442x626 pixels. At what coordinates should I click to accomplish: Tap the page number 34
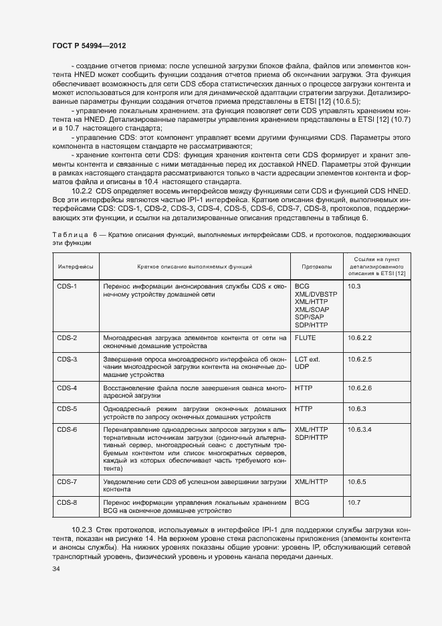point(56,570)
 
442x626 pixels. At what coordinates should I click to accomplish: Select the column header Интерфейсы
point(76,266)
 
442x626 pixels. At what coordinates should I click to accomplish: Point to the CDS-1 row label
point(67,287)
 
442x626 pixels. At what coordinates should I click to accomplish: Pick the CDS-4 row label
point(67,388)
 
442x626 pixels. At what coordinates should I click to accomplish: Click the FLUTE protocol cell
point(305,338)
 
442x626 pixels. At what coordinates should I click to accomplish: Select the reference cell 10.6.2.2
point(359,338)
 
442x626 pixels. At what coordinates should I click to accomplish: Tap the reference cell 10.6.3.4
point(359,429)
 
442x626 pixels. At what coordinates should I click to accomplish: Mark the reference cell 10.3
point(354,287)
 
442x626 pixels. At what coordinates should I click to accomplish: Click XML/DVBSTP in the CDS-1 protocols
point(316,294)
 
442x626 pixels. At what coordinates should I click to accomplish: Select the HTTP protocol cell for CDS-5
point(304,409)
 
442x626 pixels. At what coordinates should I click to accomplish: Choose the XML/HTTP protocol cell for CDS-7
point(311,481)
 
